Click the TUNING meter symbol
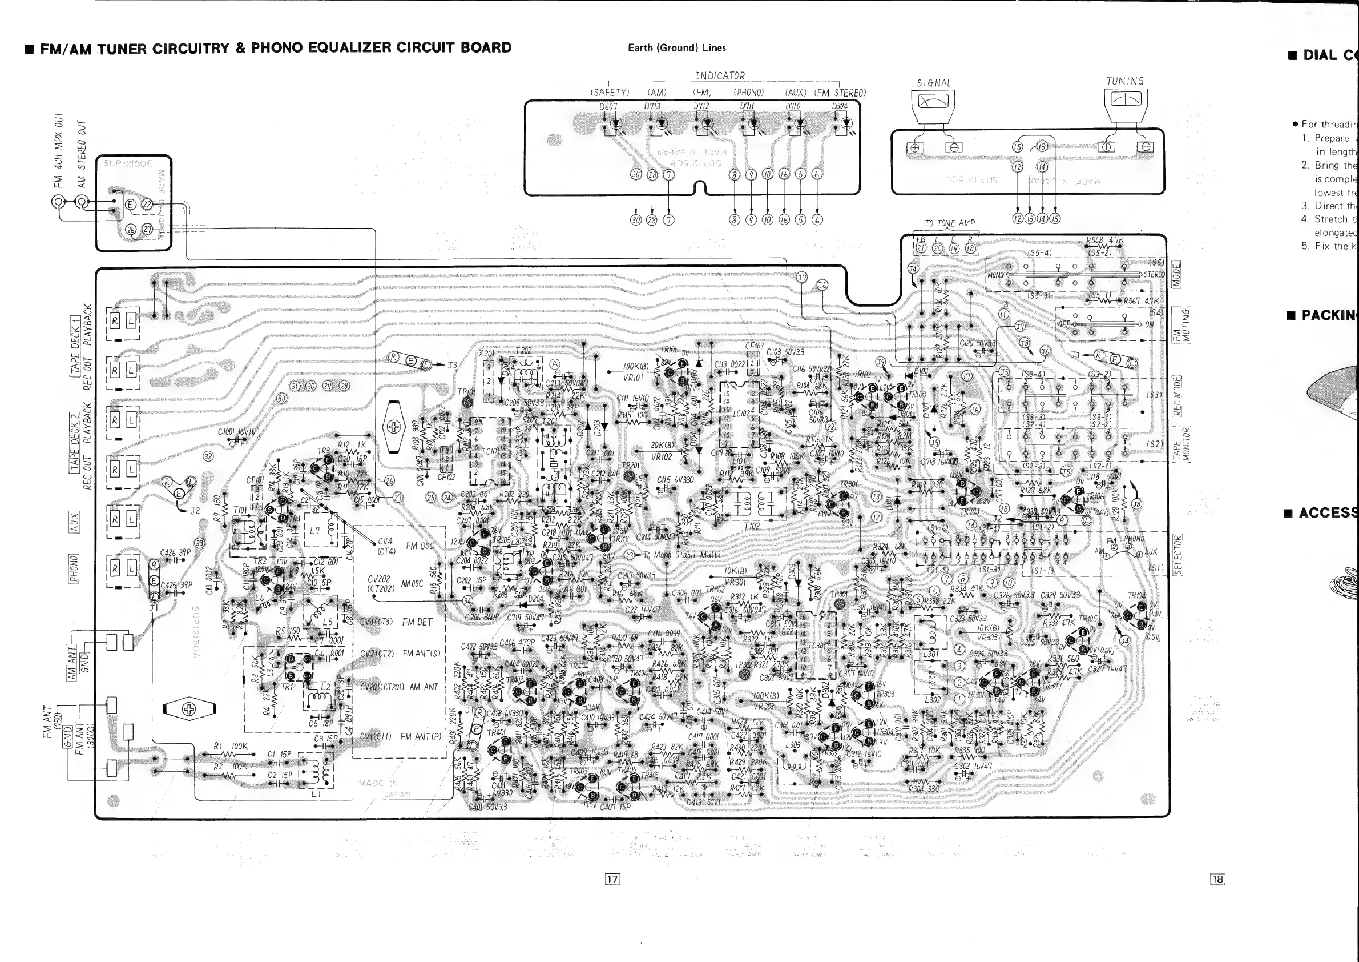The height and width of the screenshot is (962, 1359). [x=1126, y=99]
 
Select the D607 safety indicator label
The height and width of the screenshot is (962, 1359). [x=608, y=107]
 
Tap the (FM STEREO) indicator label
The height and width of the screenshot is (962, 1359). [x=840, y=93]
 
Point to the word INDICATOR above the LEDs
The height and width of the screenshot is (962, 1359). [x=720, y=76]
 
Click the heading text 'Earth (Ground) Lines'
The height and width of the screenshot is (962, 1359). [x=676, y=48]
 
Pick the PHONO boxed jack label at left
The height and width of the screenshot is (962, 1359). [x=74, y=568]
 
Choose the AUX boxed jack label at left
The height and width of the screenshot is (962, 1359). [x=74, y=522]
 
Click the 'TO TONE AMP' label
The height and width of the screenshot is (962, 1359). [x=949, y=223]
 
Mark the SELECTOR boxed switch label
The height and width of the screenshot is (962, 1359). [x=1177, y=555]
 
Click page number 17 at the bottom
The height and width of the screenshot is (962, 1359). [x=612, y=880]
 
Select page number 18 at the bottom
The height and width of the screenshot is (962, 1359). [x=1217, y=880]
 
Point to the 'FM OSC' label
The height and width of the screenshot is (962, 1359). [x=420, y=546]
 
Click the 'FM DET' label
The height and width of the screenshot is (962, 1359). [x=417, y=622]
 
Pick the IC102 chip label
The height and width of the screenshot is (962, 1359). [x=742, y=414]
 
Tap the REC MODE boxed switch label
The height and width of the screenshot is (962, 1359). [x=1177, y=396]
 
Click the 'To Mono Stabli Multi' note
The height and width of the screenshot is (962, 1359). [x=681, y=555]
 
